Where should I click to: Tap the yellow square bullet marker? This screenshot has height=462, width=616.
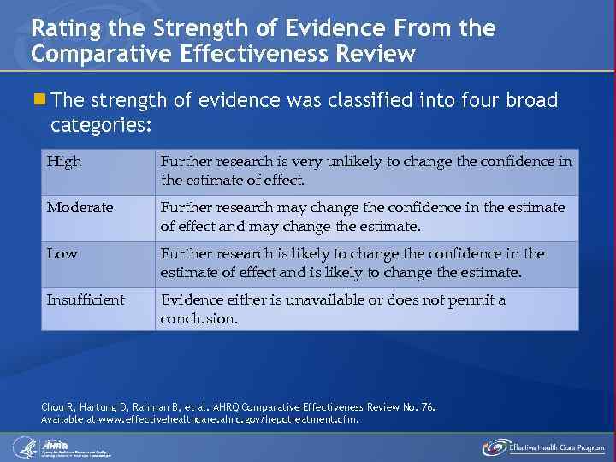point(40,101)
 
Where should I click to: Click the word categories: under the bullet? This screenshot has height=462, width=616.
point(101,126)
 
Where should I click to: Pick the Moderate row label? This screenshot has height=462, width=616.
point(80,208)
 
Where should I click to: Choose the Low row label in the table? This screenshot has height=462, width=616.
point(62,254)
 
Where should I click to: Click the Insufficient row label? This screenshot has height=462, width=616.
point(86,300)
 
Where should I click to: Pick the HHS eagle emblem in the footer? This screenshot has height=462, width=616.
point(23,447)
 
